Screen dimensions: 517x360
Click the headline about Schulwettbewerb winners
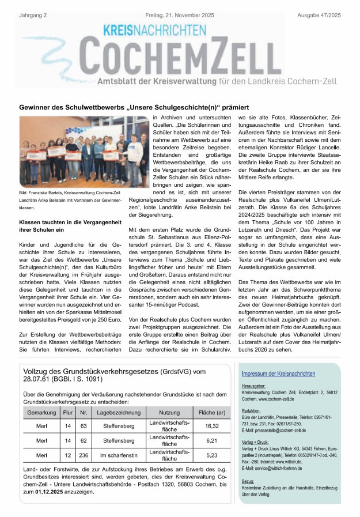[134, 107]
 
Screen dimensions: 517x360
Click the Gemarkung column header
[41, 413]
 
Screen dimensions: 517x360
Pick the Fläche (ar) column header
[212, 413]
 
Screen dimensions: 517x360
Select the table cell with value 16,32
[212, 426]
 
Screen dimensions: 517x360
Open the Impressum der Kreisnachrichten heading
[278, 374]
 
